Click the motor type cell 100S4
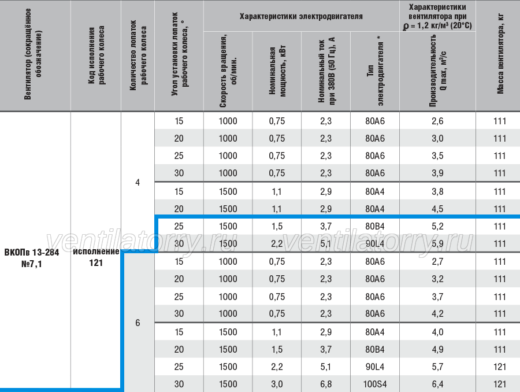tap(375, 384)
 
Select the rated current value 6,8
tap(326, 384)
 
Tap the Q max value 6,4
tap(437, 384)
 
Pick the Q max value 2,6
tap(437, 121)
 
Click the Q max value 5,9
tap(437, 243)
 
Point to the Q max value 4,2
tap(437, 314)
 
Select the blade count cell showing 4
tap(138, 183)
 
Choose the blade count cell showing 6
tap(138, 323)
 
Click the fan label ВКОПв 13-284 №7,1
tap(32, 258)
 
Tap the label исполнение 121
tap(96, 257)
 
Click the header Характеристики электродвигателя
tap(301, 16)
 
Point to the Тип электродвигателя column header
tap(375, 71)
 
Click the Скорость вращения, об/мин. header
tap(228, 71)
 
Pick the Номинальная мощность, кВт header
tap(277, 71)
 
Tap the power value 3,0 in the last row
tap(277, 384)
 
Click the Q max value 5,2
tap(437, 227)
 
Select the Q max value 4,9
tap(437, 350)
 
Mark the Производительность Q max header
tap(438, 71)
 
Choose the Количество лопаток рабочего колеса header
tap(138, 55)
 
